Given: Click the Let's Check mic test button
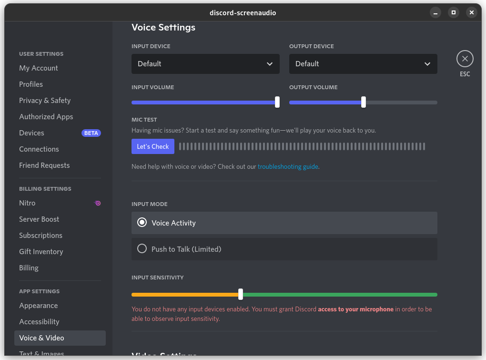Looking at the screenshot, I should click(153, 146).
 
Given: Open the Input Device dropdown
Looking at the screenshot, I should click(205, 64).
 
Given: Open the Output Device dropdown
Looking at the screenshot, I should click(363, 64).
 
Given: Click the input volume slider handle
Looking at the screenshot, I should click(277, 102).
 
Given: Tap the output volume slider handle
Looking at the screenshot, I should click(364, 102).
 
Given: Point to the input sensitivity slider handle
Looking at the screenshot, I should click(241, 294).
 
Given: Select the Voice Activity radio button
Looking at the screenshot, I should click(142, 223).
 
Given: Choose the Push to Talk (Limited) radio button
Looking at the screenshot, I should click(142, 249).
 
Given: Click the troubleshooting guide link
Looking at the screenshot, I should click(288, 167).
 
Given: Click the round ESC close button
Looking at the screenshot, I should click(465, 59).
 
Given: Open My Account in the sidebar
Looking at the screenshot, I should click(39, 68).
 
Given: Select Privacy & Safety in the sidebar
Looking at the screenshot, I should click(45, 101).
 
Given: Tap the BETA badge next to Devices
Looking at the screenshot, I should click(91, 133).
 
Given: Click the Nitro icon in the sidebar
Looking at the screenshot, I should click(97, 203).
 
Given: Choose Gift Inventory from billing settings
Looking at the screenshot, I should click(41, 252).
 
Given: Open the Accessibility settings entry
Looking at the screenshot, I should click(39, 322).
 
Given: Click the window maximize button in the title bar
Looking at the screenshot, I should click(454, 12).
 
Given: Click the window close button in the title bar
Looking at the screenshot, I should click(472, 12).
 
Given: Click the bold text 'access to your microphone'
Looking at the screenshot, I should click(355, 309).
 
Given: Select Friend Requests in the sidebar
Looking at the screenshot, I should click(44, 165).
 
